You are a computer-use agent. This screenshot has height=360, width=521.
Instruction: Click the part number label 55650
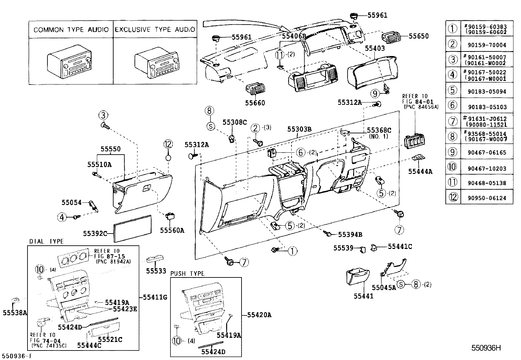point(419,36)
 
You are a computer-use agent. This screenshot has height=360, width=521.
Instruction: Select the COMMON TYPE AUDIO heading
point(71,30)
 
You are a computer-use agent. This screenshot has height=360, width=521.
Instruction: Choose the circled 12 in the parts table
point(453,198)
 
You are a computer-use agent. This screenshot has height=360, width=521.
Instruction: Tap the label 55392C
point(95,233)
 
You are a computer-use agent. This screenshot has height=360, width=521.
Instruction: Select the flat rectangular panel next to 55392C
point(133,228)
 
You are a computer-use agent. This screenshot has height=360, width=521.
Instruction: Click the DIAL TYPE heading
point(46,241)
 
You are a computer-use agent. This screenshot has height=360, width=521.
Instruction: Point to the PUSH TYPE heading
point(187,274)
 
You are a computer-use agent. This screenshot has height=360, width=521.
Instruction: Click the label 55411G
point(155,297)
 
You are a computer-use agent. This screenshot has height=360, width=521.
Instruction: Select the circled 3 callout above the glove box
point(103,115)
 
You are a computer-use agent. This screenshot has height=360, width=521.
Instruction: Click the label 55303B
point(299,129)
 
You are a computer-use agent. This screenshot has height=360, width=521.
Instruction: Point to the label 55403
point(375,48)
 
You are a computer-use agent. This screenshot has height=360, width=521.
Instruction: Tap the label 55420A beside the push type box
point(259,315)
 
